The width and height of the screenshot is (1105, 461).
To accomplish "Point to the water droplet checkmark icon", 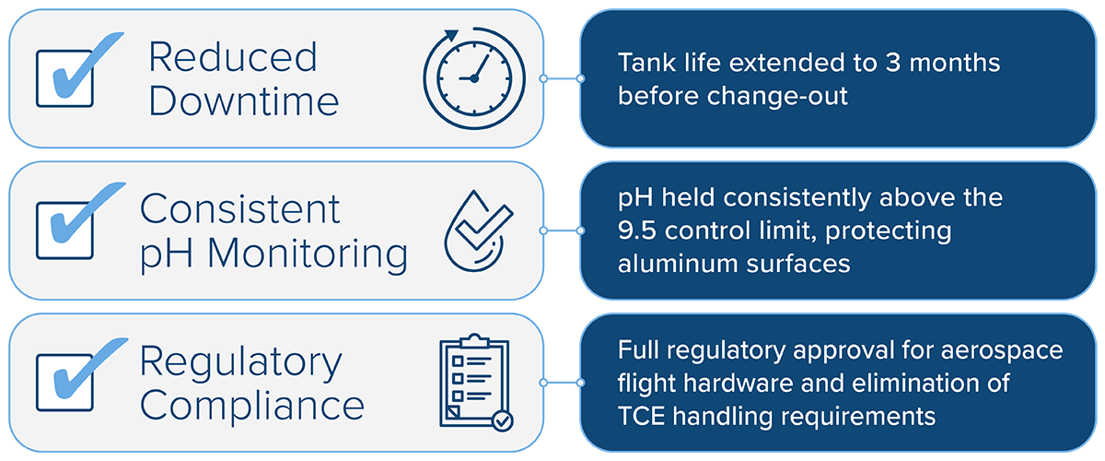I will pyautogui.click(x=473, y=230).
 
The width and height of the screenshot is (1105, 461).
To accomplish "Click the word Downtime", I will pyautogui.click(x=243, y=100).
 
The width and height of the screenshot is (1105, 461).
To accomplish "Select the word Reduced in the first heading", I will pyautogui.click(x=232, y=57).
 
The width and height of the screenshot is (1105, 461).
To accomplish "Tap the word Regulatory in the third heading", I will pyautogui.click(x=240, y=361).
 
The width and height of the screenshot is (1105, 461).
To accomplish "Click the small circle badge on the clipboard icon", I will pyautogui.click(x=502, y=420).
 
